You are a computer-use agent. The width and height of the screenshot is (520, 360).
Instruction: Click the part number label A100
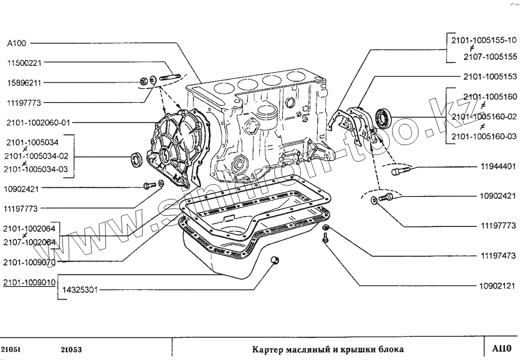click(x=16, y=43)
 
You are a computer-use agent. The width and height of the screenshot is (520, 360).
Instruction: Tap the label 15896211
click(x=23, y=83)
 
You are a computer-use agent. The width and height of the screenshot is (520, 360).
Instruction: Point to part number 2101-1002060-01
click(x=38, y=122)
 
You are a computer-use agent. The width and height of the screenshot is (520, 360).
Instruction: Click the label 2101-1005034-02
click(x=36, y=156)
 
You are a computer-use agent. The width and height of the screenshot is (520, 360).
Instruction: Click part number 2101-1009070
click(x=29, y=262)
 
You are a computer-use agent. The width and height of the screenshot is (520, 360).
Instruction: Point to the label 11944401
click(x=498, y=166)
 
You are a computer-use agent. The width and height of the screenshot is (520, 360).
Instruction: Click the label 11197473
click(x=498, y=255)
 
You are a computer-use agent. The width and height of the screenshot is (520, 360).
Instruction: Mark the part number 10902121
click(x=498, y=286)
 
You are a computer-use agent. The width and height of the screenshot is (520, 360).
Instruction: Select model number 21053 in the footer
click(x=72, y=349)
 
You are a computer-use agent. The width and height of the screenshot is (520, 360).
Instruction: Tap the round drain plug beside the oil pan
click(x=274, y=260)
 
